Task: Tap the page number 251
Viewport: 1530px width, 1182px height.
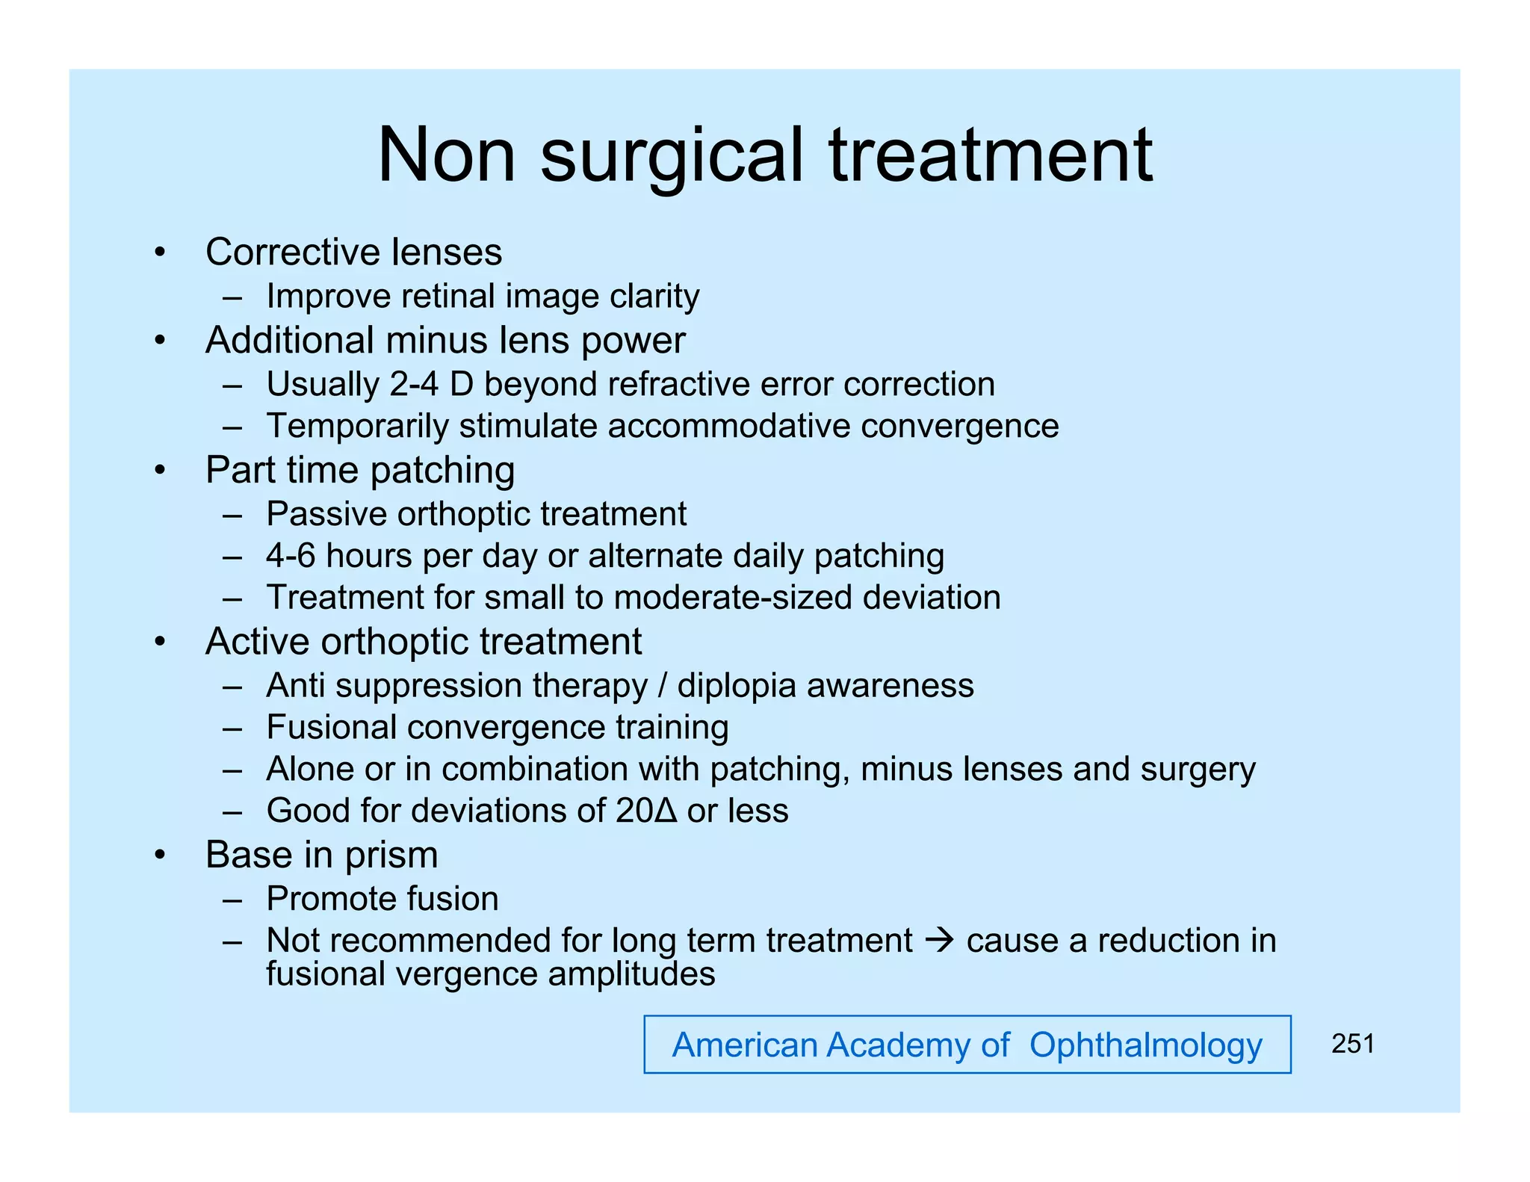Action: point(1352,1044)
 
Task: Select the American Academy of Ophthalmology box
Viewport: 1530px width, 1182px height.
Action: point(967,1045)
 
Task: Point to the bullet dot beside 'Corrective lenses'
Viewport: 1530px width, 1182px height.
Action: point(159,253)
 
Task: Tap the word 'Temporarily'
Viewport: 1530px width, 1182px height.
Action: point(358,427)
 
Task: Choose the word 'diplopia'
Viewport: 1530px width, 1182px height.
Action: point(737,686)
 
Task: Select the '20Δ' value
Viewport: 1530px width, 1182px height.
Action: point(646,811)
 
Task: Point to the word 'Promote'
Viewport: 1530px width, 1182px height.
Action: point(326,899)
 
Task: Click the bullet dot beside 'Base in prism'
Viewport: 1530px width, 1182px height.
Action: point(159,855)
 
